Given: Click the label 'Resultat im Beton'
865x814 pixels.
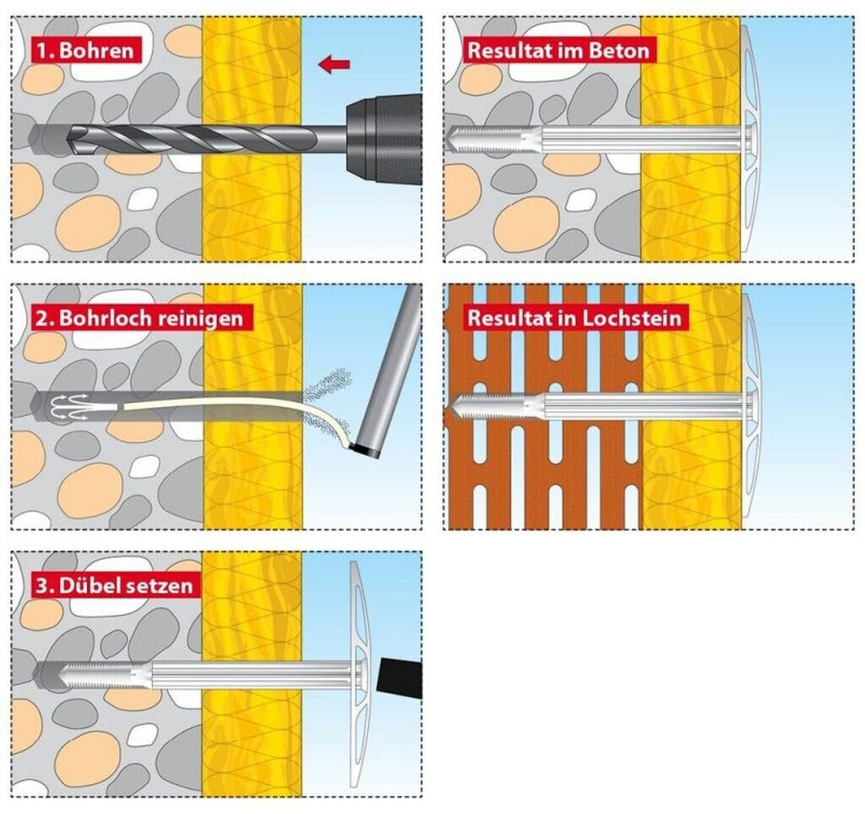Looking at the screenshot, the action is pyautogui.click(x=558, y=51).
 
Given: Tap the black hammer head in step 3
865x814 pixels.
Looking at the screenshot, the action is pyautogui.click(x=400, y=676).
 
